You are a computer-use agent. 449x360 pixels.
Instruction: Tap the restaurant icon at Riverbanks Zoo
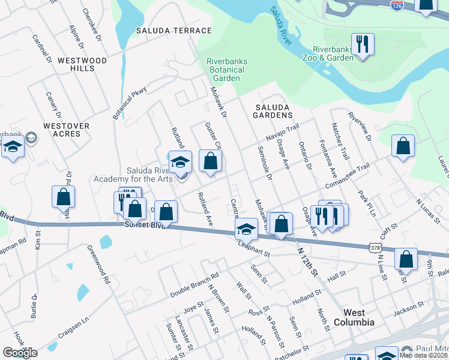tap(363, 44)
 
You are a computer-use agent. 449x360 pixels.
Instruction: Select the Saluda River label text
tap(280, 26)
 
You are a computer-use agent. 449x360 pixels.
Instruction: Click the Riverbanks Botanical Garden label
tap(227, 70)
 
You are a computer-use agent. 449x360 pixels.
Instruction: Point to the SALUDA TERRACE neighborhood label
tap(174, 31)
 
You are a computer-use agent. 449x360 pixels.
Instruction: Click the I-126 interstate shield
tap(396, 4)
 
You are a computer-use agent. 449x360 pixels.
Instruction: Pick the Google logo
tap(20, 352)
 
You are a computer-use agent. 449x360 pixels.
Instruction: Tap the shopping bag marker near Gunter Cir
tap(210, 161)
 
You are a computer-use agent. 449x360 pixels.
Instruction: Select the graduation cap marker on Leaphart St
tap(246, 229)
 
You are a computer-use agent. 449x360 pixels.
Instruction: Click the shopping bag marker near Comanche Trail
tap(403, 146)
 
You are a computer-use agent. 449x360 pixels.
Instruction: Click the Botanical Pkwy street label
tap(130, 102)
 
